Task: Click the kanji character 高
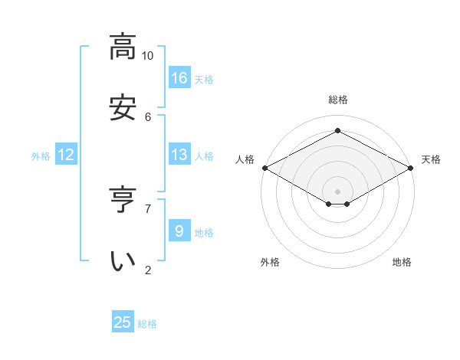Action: coord(123,47)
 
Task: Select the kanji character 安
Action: coord(123,106)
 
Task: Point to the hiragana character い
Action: coord(123,260)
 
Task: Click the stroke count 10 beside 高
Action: coord(147,56)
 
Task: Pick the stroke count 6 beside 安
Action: coord(148,116)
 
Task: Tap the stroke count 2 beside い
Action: coord(148,270)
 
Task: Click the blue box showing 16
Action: coord(179,77)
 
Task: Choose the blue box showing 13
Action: coord(179,155)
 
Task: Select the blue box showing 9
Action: coord(179,231)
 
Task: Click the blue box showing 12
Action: coord(66,155)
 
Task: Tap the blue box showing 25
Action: coord(123,322)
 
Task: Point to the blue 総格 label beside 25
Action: coord(147,324)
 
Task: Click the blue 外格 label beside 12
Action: coord(41,156)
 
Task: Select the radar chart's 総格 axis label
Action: coord(337,100)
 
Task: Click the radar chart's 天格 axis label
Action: coord(431,159)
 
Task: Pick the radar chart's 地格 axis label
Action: coord(402,262)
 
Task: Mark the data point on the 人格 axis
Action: coord(264,168)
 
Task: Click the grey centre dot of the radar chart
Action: coord(337,191)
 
